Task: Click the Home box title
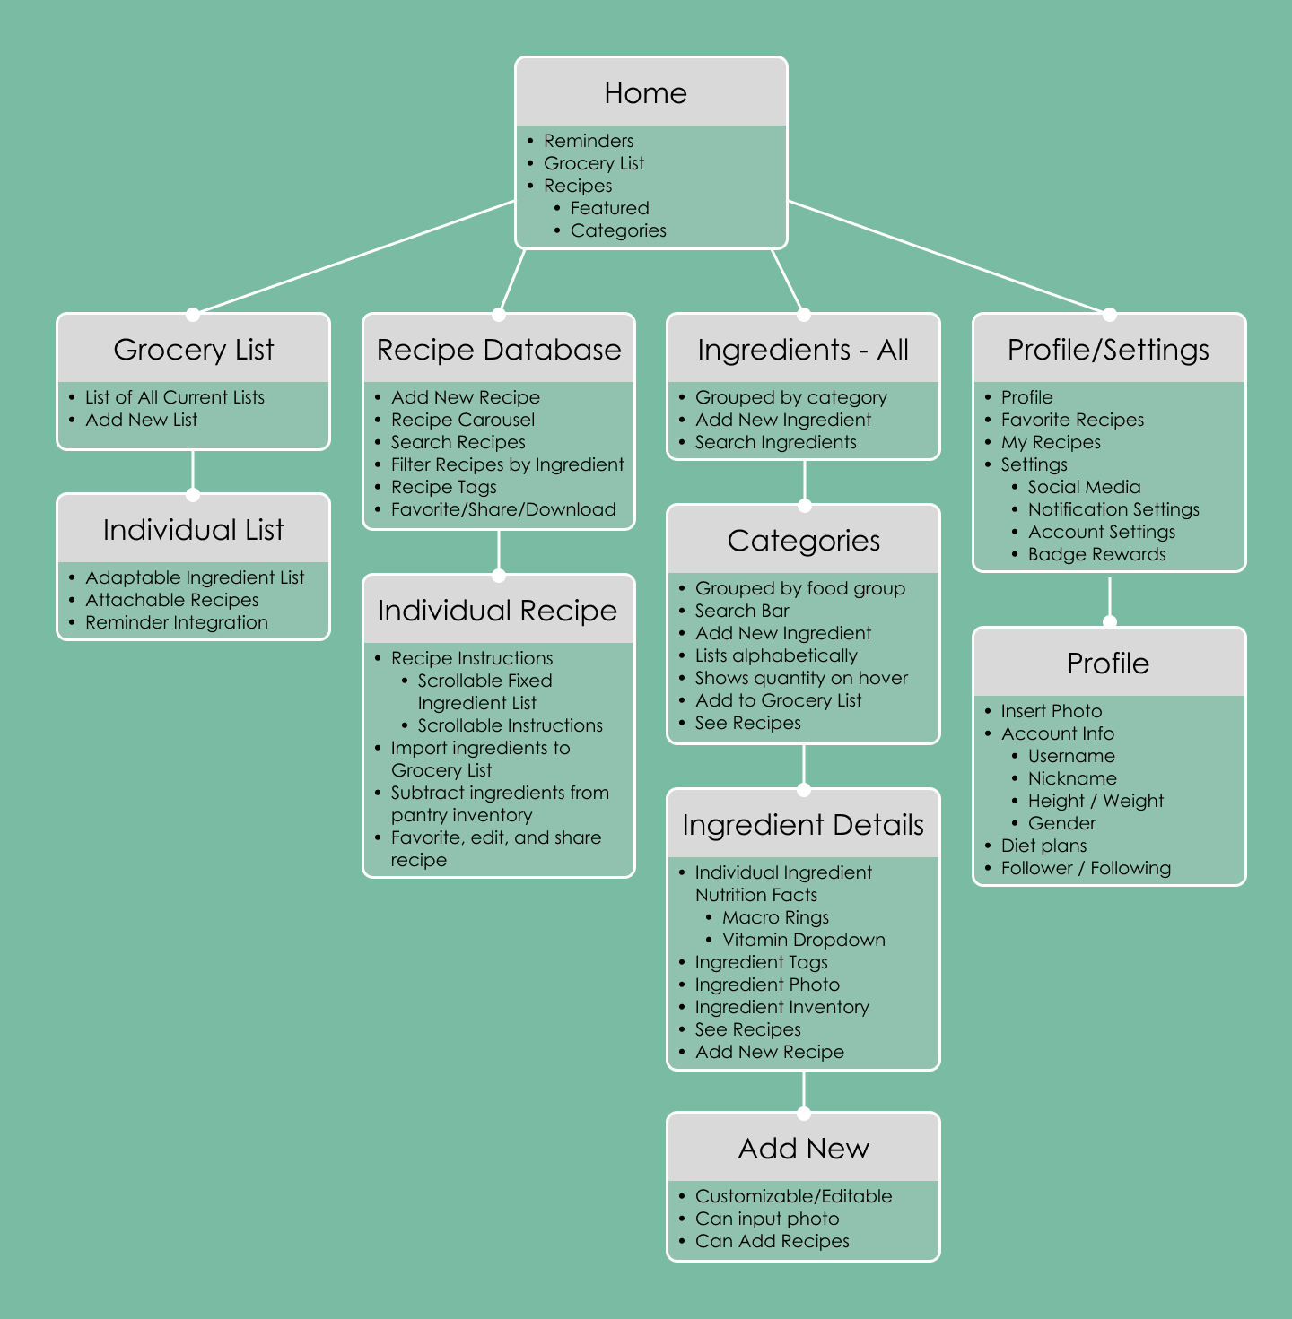[x=645, y=93]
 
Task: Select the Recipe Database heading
[x=499, y=350]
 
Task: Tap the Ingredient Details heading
[x=803, y=825]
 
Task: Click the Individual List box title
[x=193, y=530]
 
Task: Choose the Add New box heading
[x=803, y=1149]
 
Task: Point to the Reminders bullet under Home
[x=588, y=141]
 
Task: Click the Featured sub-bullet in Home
[x=609, y=208]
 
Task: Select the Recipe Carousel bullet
[x=462, y=420]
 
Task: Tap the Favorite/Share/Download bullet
[x=502, y=509]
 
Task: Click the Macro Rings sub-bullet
[x=775, y=917]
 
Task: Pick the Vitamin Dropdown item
[x=803, y=940]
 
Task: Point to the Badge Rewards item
[x=1096, y=554]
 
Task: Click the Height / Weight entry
[x=1096, y=801]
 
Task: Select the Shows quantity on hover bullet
[x=801, y=678]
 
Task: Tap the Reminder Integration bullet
[x=176, y=622]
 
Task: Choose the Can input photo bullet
[x=766, y=1219]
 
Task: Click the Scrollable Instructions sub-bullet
[x=510, y=725]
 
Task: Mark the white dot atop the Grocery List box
[x=192, y=315]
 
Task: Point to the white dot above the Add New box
[x=804, y=1114]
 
